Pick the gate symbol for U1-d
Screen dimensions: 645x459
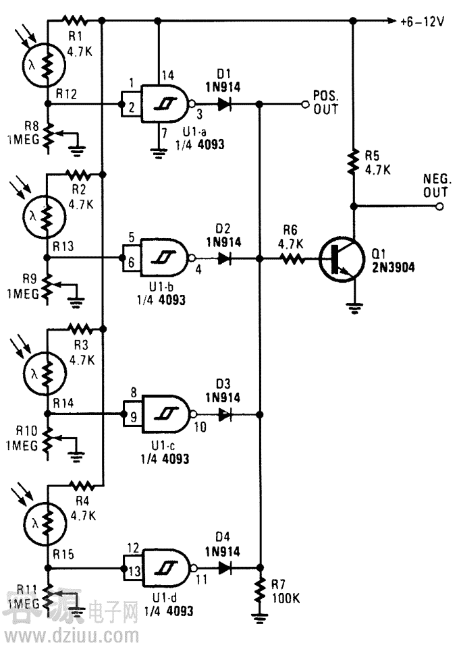click(x=166, y=569)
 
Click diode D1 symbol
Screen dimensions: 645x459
click(x=224, y=105)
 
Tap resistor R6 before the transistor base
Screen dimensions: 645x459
click(x=292, y=258)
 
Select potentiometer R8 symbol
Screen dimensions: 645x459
click(x=48, y=135)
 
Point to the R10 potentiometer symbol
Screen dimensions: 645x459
click(x=48, y=443)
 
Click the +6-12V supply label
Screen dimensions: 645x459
click(x=422, y=21)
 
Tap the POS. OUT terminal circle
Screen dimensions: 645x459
click(x=305, y=105)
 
